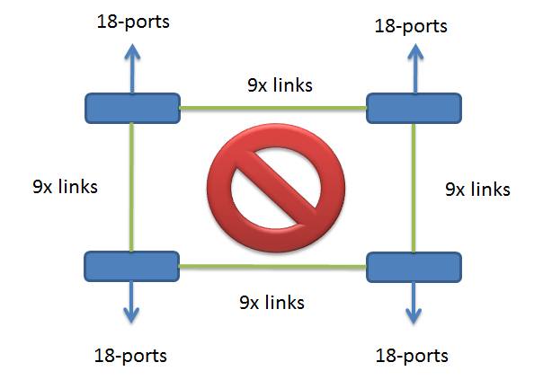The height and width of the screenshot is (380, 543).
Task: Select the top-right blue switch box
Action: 414,108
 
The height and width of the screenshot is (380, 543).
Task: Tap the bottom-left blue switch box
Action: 131,266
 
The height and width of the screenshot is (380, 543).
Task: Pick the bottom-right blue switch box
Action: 414,267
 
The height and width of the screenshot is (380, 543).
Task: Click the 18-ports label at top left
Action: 133,20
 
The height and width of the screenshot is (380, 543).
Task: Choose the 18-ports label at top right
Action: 411,26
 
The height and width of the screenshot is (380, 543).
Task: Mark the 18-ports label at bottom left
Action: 130,355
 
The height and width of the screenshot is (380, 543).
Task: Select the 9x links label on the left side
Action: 65,187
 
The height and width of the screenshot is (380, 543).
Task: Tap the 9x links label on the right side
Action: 478,190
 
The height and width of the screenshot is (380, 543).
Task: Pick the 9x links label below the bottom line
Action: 271,302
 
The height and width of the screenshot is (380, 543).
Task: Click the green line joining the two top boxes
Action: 274,109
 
